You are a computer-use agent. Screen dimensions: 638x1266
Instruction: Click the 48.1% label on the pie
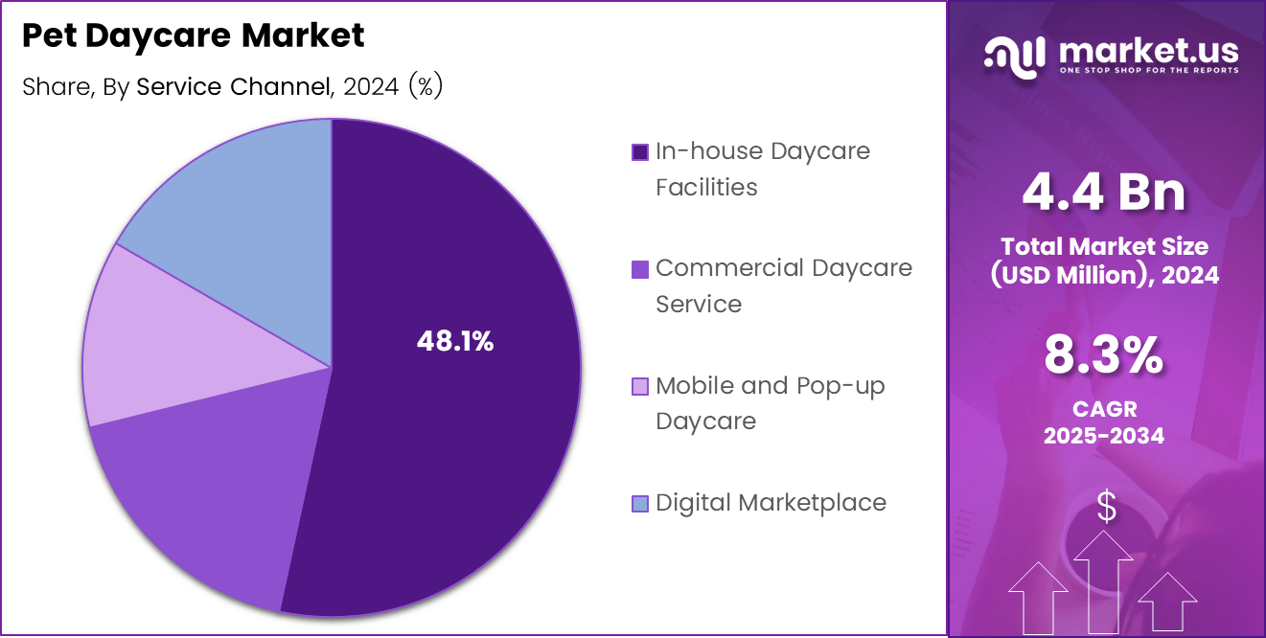click(x=455, y=341)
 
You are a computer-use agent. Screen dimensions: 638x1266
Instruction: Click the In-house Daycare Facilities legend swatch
click(x=640, y=152)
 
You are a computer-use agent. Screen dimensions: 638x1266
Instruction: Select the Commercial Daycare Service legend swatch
click(x=640, y=269)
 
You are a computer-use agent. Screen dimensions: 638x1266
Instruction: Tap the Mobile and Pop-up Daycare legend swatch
click(x=640, y=386)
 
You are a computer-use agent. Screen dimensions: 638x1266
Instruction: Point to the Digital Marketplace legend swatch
click(x=640, y=503)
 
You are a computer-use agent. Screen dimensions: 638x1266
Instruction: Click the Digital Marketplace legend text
click(x=771, y=503)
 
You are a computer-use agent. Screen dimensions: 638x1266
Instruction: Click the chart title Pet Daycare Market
click(x=193, y=36)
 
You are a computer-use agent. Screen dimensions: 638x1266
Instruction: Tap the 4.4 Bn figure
click(x=1104, y=192)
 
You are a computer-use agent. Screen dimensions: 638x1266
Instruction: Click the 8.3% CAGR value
click(x=1104, y=356)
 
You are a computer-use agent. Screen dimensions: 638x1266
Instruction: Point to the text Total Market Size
click(x=1104, y=246)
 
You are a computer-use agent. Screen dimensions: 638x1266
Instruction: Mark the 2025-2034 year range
click(x=1104, y=436)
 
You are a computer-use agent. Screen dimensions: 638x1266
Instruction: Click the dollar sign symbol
click(x=1106, y=507)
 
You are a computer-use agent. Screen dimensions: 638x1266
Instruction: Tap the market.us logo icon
click(x=1013, y=55)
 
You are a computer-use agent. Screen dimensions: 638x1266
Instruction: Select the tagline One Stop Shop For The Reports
click(x=1148, y=70)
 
